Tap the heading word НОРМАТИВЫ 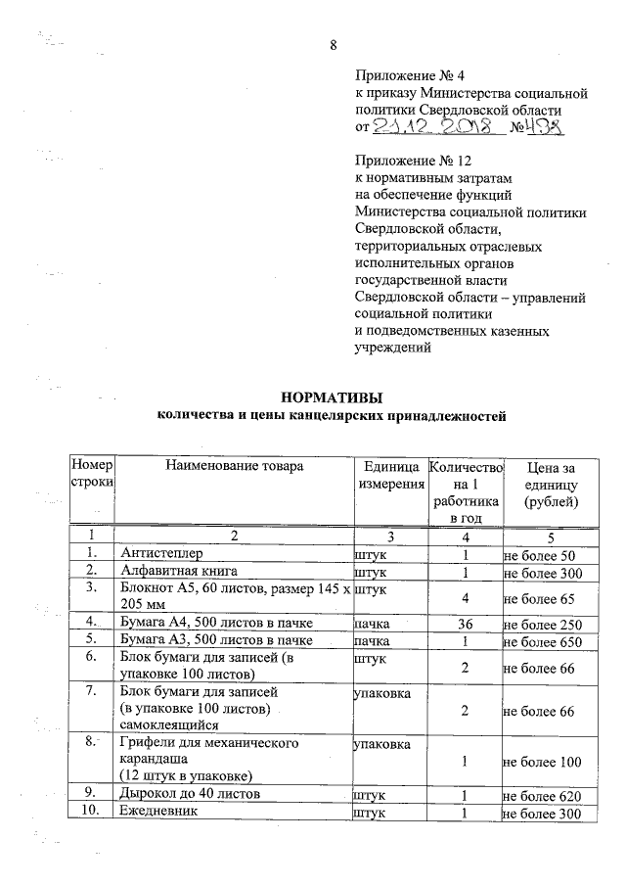(x=331, y=397)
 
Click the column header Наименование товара (x=235, y=466)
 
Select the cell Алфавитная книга (x=177, y=571)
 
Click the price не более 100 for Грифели (x=543, y=762)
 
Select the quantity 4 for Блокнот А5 (x=465, y=597)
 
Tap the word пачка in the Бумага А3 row (x=373, y=642)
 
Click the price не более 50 (x=539, y=555)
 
